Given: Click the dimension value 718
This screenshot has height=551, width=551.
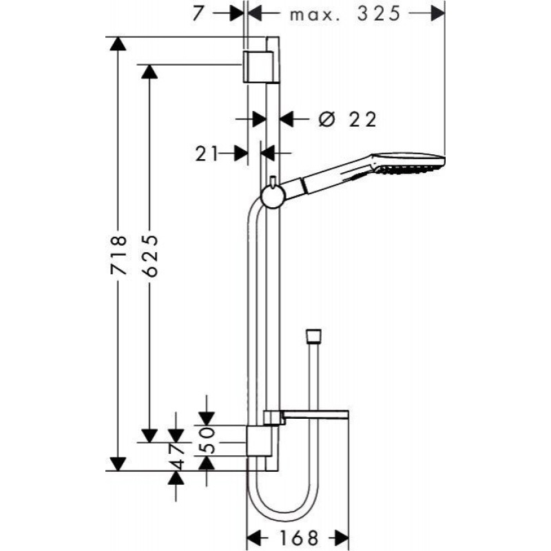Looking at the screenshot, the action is (118, 255).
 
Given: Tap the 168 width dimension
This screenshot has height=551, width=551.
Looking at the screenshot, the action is (299, 537).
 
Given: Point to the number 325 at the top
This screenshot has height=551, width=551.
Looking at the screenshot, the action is (379, 14).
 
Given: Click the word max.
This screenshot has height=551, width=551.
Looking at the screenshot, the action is (315, 16).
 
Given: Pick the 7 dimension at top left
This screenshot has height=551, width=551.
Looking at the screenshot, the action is (198, 14).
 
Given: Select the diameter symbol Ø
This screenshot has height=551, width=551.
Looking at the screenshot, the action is (325, 119).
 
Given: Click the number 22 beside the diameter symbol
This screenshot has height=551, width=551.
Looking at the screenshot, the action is (363, 119).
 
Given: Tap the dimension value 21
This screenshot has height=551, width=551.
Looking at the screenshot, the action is (207, 154).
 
